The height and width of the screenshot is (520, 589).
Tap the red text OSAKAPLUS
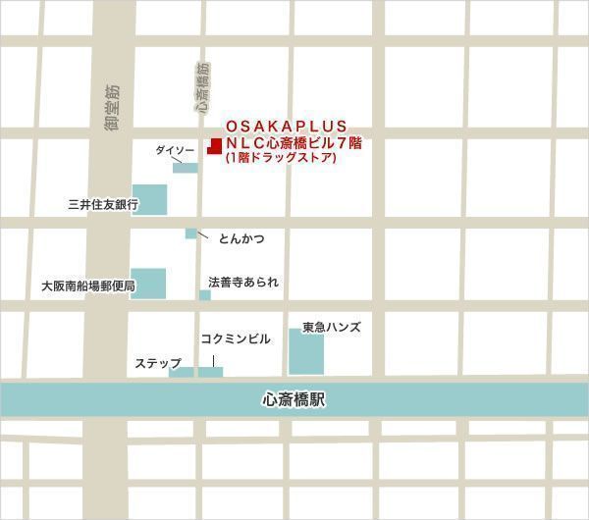pyautogui.click(x=286, y=127)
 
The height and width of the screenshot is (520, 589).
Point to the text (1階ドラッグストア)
pyautogui.click(x=281, y=157)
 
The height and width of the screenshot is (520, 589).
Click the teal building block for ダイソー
pyautogui.click(x=185, y=168)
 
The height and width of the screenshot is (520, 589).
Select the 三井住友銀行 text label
pyautogui.click(x=103, y=205)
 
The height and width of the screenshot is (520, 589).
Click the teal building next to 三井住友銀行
pyautogui.click(x=149, y=201)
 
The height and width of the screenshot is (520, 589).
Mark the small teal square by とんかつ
pyautogui.click(x=190, y=234)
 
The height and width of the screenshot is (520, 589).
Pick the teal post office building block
pyautogui.click(x=148, y=283)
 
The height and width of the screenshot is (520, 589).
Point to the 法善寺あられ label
pyautogui.click(x=243, y=282)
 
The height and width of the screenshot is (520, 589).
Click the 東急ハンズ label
pyautogui.click(x=331, y=327)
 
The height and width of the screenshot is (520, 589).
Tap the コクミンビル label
pyautogui.click(x=235, y=338)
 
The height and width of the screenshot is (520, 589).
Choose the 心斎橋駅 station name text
pyautogui.click(x=294, y=400)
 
